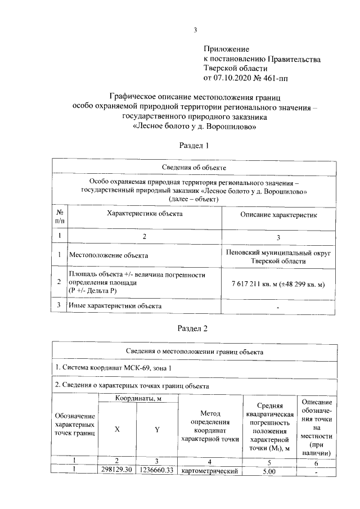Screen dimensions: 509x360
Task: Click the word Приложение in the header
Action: (x=226, y=50)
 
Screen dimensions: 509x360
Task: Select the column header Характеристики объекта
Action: (x=145, y=214)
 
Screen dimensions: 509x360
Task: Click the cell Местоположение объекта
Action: (x=105, y=255)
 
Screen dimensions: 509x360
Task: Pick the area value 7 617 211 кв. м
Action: (x=259, y=285)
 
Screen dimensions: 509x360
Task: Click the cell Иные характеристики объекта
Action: (x=115, y=306)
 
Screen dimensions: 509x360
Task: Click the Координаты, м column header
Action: (x=138, y=398)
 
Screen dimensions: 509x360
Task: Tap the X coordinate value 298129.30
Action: (x=117, y=470)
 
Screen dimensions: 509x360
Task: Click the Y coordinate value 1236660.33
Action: (x=156, y=470)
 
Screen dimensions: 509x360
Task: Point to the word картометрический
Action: (x=209, y=471)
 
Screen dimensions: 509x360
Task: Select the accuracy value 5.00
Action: (x=268, y=471)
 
